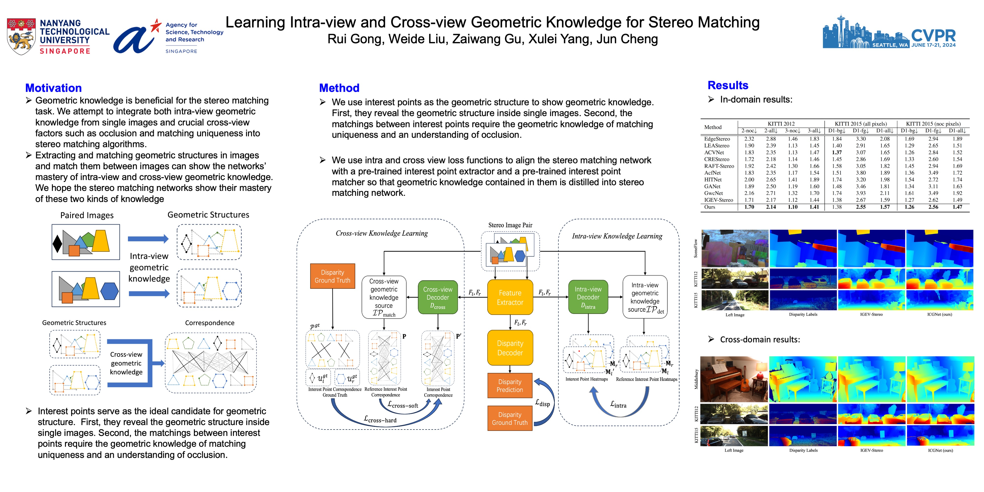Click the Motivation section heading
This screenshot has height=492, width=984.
point(53,88)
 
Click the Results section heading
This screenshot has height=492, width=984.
point(728,85)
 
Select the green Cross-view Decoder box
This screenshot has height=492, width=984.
point(438,298)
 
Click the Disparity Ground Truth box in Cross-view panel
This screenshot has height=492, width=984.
point(332,276)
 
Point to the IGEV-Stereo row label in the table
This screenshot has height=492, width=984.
point(719,200)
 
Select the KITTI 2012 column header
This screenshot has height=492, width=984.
point(781,124)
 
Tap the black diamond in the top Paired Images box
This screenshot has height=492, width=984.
point(57,243)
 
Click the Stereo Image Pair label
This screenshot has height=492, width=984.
point(510,225)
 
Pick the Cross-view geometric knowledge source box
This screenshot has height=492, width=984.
point(384,297)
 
